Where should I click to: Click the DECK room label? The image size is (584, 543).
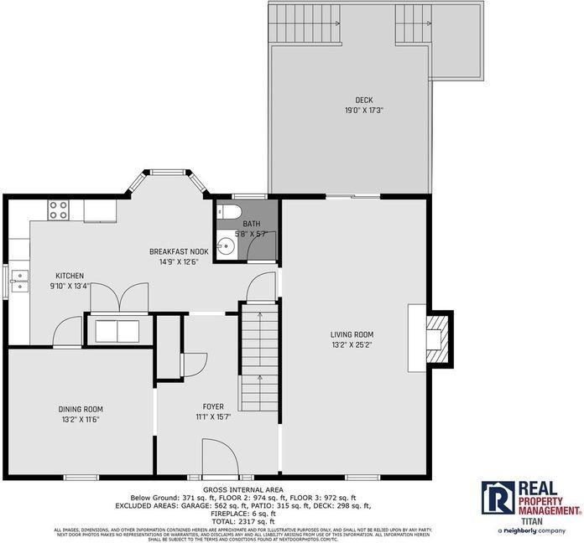point(352,99)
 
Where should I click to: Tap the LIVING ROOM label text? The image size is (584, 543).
point(352,333)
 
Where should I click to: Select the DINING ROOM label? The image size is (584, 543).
point(81,409)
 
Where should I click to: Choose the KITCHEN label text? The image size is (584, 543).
point(70,276)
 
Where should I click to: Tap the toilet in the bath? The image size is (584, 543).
point(232,209)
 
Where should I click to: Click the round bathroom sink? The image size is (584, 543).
point(225,246)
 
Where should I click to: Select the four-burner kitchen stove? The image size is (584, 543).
point(58,209)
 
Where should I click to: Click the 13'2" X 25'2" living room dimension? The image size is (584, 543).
point(352,344)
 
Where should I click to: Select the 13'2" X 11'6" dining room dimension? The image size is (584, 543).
point(81,420)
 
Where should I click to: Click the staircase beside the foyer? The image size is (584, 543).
point(259,360)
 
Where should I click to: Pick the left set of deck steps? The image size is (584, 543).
point(305,24)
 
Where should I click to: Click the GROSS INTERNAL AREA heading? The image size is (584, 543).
point(243,489)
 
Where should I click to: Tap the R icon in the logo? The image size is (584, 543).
point(497,498)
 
